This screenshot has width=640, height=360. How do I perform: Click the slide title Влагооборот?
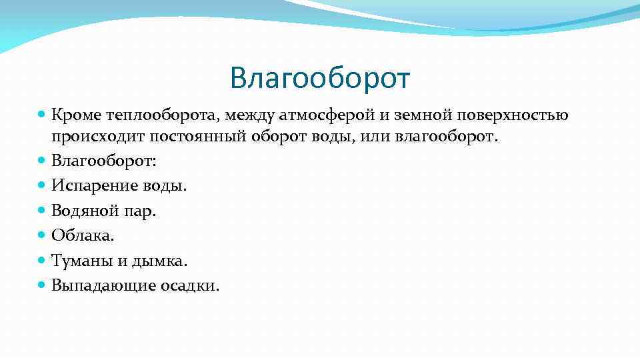point(320,77)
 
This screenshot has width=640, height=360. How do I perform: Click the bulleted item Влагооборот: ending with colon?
point(105,161)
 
